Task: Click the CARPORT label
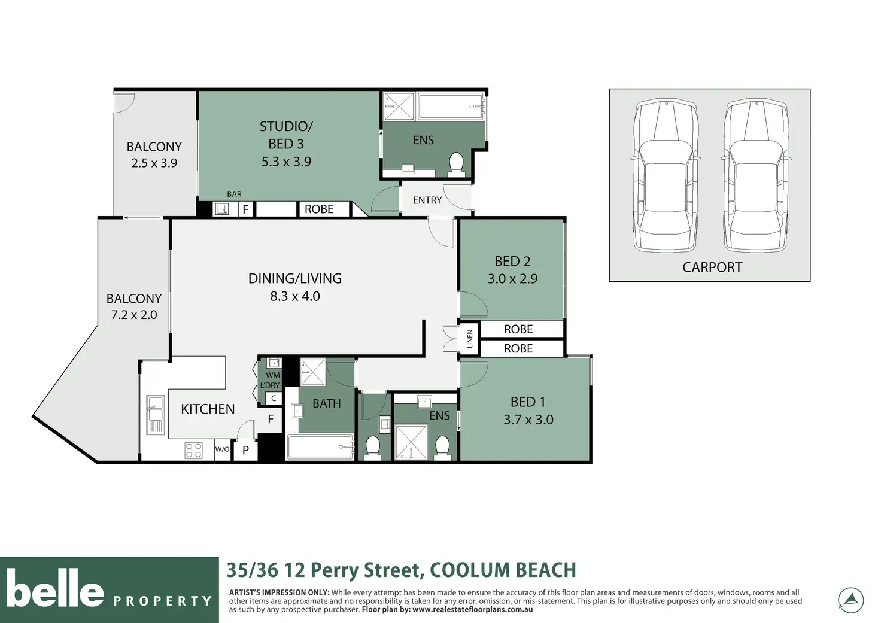712,268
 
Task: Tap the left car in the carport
666,175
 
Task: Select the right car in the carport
756,175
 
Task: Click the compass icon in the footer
850,600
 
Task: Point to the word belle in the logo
55,588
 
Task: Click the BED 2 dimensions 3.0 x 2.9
512,279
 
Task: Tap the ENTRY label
427,200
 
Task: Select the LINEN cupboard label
470,339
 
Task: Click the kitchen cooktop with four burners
193,450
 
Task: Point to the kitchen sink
156,415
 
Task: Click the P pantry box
245,450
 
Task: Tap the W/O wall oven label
222,449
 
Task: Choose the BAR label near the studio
234,194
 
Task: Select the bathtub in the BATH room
320,447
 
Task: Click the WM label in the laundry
272,376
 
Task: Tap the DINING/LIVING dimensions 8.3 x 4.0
295,296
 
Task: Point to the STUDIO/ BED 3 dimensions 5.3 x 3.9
286,162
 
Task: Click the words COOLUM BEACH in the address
503,570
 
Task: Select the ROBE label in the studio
319,209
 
